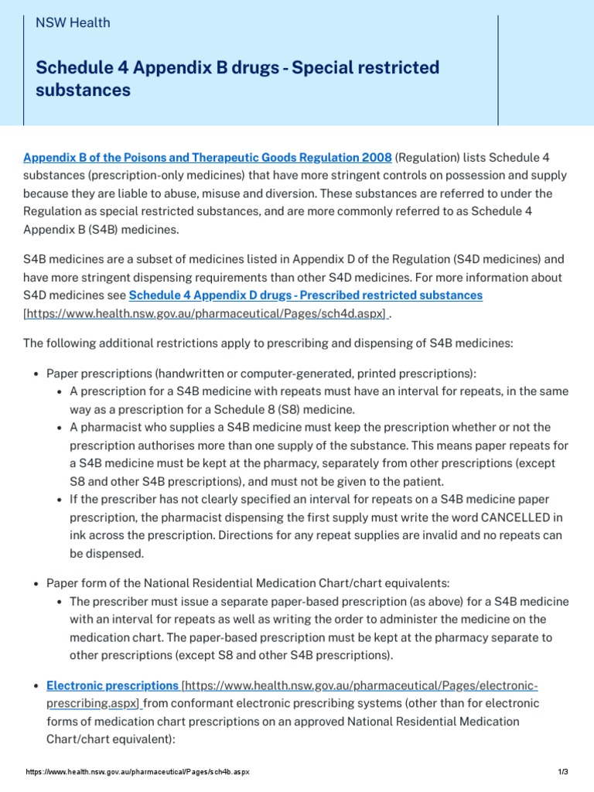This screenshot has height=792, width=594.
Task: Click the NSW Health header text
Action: [x=73, y=22]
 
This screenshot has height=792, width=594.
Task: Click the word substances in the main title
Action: [x=83, y=90]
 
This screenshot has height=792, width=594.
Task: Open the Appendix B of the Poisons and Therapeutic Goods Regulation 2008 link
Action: [x=207, y=158]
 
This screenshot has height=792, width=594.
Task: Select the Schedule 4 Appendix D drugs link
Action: [x=306, y=295]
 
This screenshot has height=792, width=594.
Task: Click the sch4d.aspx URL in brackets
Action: [x=206, y=315]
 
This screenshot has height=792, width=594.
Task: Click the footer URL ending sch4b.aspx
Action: [x=138, y=773]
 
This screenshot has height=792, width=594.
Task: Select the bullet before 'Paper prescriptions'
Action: [x=36, y=374]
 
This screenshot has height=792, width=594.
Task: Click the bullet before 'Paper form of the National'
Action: [x=36, y=583]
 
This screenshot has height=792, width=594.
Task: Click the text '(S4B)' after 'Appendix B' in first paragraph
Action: [x=94, y=229]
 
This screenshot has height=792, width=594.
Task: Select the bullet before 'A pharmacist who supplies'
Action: [x=60, y=428]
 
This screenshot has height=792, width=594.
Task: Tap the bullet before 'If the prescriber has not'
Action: [x=60, y=499]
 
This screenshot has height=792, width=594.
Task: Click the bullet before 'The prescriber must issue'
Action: [x=60, y=602]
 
